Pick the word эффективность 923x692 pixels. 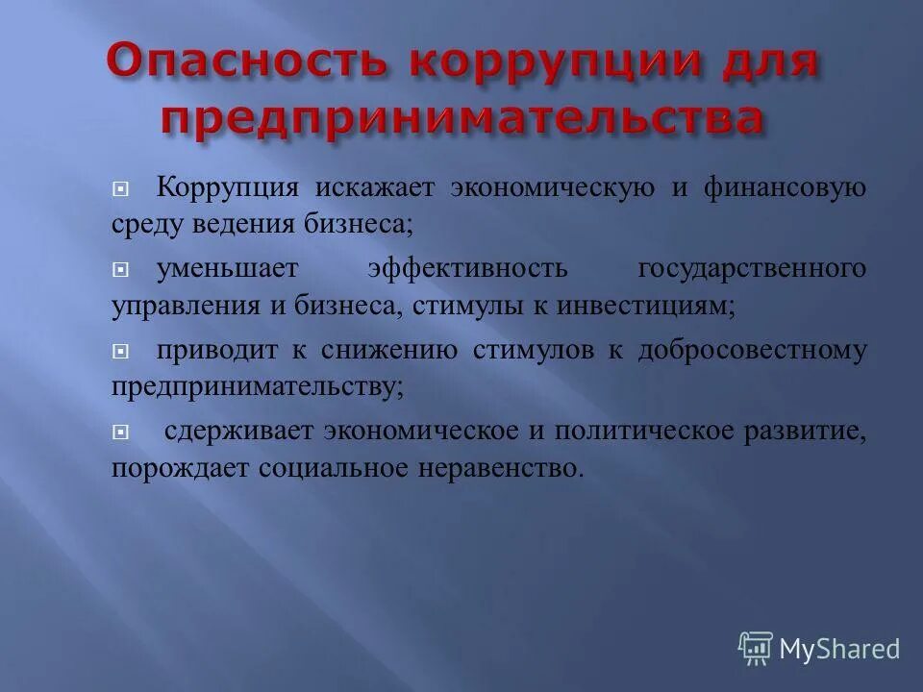467,269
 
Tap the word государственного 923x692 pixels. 751,269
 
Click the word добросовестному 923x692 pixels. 752,351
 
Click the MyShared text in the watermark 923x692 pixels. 839,649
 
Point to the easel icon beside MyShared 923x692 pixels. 756,648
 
